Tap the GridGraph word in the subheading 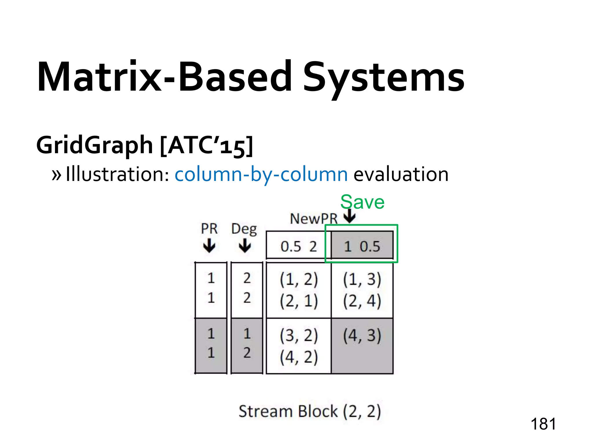click(94, 145)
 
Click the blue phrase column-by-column click(261, 175)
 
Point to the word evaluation click(401, 175)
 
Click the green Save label click(362, 202)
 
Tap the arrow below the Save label click(350, 216)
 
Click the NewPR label click(314, 219)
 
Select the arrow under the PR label click(209, 246)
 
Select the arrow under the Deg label click(245, 246)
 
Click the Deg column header click(244, 229)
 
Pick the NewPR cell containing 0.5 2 click(299, 247)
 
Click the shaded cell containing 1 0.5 click(362, 247)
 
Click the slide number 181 click(543, 424)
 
